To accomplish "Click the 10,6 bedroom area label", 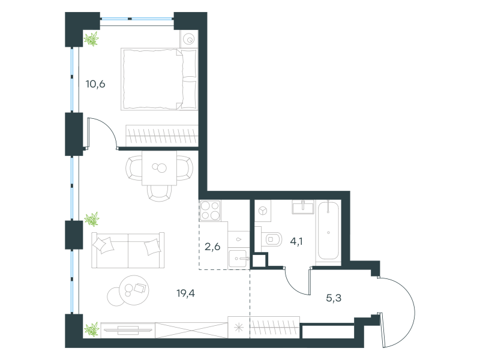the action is pyautogui.click(x=95, y=84).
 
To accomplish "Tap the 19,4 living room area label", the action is pyautogui.click(x=185, y=293).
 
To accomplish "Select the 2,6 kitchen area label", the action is pyautogui.click(x=212, y=247).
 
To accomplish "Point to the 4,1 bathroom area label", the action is pyautogui.click(x=296, y=242).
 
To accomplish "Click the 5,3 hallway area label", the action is pyautogui.click(x=334, y=298).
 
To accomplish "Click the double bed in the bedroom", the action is pyautogui.click(x=159, y=79).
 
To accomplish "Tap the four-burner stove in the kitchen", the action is pyautogui.click(x=210, y=211).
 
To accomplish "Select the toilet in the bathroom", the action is pyautogui.click(x=272, y=239).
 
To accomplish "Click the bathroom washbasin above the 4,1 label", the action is pyautogui.click(x=303, y=208).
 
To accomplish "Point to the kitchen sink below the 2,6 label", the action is pyautogui.click(x=238, y=259).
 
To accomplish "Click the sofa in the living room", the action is pyautogui.click(x=128, y=250).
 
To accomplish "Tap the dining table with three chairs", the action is pyautogui.click(x=159, y=169).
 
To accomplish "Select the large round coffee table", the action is pyautogui.click(x=134, y=290).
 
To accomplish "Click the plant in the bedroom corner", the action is pyautogui.click(x=92, y=39).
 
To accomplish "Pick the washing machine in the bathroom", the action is pyautogui.click(x=263, y=211).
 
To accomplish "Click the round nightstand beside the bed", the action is pyautogui.click(x=189, y=39).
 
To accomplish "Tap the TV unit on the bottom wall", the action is pyautogui.click(x=128, y=330).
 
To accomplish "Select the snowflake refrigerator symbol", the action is pyautogui.click(x=239, y=328).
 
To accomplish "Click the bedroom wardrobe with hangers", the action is pyautogui.click(x=161, y=136).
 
